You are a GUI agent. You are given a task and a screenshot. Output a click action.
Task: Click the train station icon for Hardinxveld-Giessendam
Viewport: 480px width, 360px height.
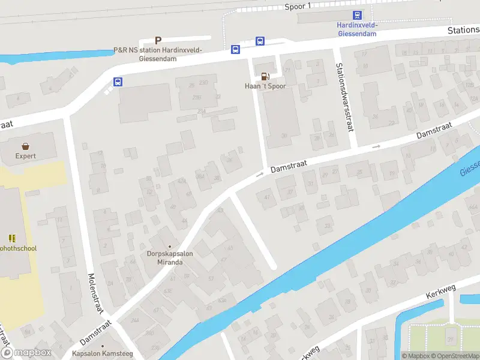[x=357, y=16]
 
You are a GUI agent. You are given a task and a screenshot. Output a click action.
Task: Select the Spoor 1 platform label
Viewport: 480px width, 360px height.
[x=298, y=6]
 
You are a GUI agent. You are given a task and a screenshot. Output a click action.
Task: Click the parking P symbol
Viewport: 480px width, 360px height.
[x=158, y=40]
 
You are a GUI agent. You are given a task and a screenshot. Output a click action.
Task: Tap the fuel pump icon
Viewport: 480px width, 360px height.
[x=265, y=76]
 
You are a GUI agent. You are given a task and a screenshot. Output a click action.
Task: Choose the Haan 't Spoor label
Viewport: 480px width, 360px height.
[x=265, y=86]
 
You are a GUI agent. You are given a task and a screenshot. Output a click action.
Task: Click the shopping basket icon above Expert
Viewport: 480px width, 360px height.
[x=26, y=146]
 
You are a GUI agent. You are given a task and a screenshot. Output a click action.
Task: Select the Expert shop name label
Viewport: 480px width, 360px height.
[x=26, y=156]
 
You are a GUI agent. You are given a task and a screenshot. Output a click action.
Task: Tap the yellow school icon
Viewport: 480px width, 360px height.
[x=12, y=238]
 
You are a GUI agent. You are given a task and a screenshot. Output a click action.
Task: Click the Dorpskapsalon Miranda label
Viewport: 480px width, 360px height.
[x=170, y=258]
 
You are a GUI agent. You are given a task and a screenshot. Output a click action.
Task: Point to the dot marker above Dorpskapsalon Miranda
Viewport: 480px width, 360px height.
[x=170, y=247]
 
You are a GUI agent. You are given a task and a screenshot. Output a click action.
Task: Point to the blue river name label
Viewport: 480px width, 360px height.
[x=470, y=169]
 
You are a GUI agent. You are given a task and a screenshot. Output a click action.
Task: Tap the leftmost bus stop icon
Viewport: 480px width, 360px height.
[x=118, y=82]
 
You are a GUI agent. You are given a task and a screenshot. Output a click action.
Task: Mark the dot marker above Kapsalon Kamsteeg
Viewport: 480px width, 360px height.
[x=103, y=346]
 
